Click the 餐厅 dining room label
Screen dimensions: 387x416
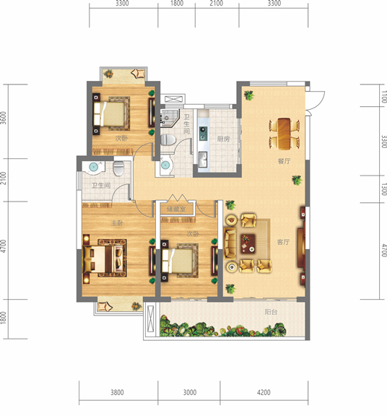(284, 161)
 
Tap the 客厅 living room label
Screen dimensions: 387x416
(283, 242)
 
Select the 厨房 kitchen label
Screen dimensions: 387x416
(223, 139)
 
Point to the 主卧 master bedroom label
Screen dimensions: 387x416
(117, 223)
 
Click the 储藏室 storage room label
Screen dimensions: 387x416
(176, 209)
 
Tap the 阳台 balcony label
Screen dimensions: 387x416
(271, 312)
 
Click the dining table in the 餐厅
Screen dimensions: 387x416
(284, 134)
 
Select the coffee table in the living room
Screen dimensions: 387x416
(248, 243)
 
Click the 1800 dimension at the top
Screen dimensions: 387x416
(177, 3)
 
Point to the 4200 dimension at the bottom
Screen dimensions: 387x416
(264, 392)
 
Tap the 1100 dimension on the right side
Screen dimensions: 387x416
(384, 97)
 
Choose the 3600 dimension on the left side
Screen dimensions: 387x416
(3, 118)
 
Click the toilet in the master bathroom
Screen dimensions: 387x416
(118, 168)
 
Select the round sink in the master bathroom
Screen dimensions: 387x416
(94, 167)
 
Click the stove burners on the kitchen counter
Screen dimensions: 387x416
(204, 134)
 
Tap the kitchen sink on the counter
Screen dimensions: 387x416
(203, 160)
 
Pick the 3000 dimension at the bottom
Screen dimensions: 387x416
(190, 392)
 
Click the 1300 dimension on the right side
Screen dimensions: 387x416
(384, 189)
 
